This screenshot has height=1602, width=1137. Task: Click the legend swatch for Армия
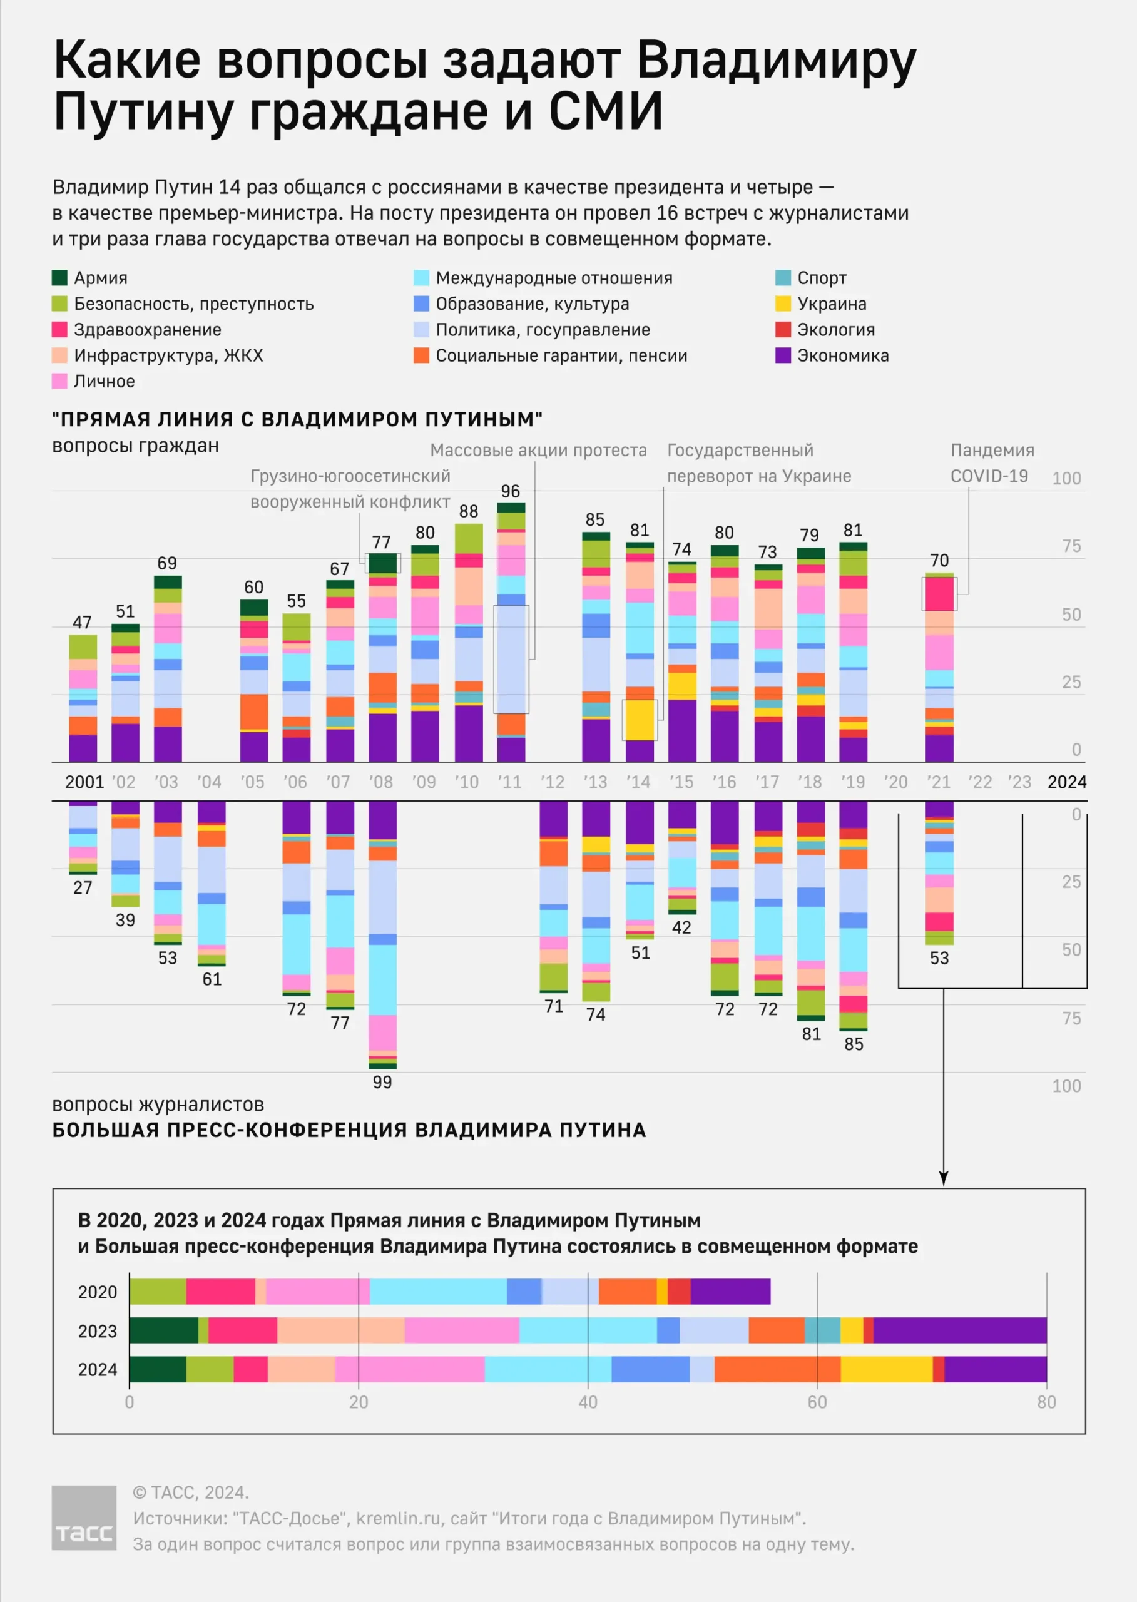(x=59, y=278)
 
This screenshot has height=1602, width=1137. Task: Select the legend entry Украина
(x=831, y=304)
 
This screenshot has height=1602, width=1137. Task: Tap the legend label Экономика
(x=842, y=355)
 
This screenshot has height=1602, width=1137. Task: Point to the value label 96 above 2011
(x=511, y=491)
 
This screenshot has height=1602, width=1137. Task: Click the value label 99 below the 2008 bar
(x=382, y=1082)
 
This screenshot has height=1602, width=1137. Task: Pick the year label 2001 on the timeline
(x=84, y=782)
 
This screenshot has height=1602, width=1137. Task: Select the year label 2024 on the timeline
(x=1066, y=782)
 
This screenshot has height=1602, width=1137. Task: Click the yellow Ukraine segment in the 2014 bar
(x=640, y=720)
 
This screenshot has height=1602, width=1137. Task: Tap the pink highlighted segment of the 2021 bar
(x=939, y=594)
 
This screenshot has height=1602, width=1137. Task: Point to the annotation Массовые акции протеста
(x=538, y=450)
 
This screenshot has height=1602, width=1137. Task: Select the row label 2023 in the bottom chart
(x=98, y=1331)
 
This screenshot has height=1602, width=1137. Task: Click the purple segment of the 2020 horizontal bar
(x=730, y=1291)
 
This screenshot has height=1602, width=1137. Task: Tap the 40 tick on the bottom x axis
(x=588, y=1402)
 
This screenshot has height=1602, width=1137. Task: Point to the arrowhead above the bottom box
(x=943, y=1180)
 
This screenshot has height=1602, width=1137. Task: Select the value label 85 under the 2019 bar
(x=854, y=1044)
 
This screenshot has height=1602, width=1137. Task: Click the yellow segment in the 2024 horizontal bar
(x=885, y=1369)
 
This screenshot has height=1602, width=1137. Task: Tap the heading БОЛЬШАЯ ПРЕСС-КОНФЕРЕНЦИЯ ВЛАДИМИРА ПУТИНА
(x=349, y=1130)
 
